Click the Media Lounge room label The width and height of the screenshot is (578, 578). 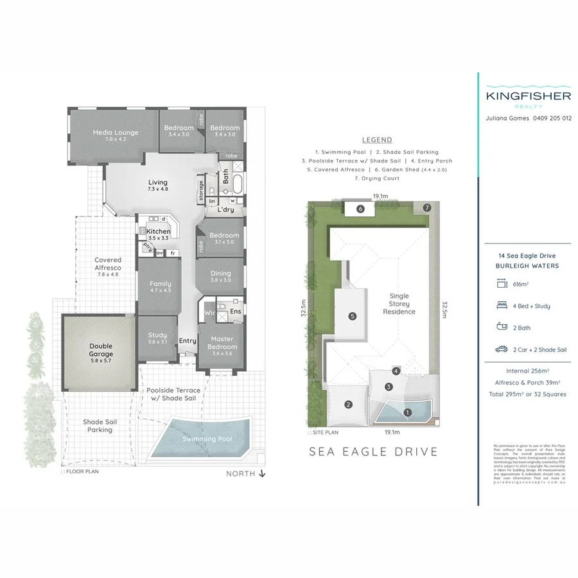(116, 133)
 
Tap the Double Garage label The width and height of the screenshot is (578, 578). (100, 350)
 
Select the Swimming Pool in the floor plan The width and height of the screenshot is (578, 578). (207, 439)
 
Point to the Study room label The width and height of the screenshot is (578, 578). (157, 335)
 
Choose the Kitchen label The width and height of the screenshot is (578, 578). (158, 231)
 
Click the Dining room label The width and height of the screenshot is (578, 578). (221, 274)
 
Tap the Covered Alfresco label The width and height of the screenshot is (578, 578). (107, 265)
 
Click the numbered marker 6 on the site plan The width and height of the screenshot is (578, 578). (360, 209)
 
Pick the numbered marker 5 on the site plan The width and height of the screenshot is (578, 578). (353, 316)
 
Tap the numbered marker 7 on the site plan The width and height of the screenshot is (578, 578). (426, 208)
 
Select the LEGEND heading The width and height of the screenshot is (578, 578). (377, 139)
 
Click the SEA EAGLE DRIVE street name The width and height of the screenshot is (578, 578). (373, 451)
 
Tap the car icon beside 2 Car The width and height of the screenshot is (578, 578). (502, 350)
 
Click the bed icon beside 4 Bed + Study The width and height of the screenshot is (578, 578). (502, 306)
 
